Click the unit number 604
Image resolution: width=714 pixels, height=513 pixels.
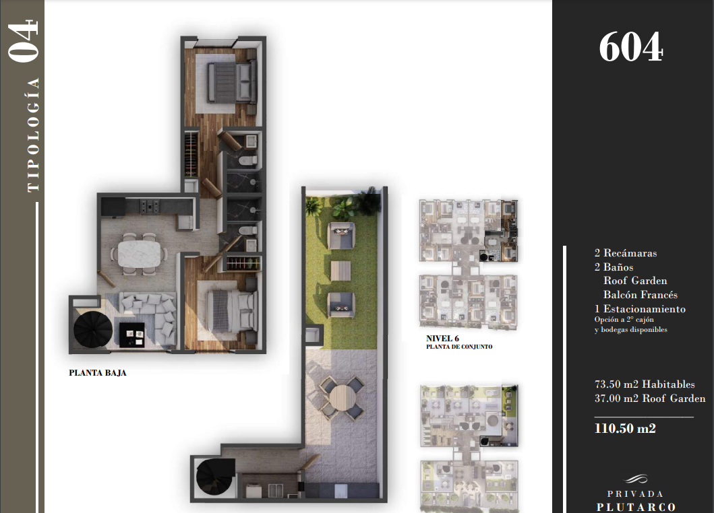click(x=630, y=47)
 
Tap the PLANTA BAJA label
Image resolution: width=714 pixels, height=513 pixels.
click(x=98, y=373)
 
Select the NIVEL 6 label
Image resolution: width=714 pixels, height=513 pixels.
click(x=442, y=339)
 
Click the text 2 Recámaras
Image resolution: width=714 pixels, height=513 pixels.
click(x=625, y=253)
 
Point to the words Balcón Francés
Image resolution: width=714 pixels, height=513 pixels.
click(x=641, y=295)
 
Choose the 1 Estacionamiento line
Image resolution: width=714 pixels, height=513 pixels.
click(x=640, y=309)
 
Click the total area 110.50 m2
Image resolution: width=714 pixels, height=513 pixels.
click(x=625, y=428)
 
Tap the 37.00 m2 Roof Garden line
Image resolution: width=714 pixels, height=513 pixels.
click(x=650, y=399)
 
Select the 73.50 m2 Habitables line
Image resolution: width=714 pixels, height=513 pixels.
click(x=645, y=384)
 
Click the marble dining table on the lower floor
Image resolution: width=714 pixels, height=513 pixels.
click(x=140, y=254)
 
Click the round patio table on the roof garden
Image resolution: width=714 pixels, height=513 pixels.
click(x=342, y=398)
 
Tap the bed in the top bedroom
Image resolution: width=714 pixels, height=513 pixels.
click(x=231, y=82)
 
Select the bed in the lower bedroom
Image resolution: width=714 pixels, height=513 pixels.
click(x=231, y=312)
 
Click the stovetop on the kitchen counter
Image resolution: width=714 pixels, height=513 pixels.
click(x=150, y=206)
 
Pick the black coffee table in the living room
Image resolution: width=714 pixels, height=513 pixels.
click(x=132, y=335)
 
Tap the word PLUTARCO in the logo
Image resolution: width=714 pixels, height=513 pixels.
click(x=636, y=507)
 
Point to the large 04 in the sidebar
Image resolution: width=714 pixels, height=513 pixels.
click(x=23, y=41)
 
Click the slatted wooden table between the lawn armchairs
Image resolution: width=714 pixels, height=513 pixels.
click(x=342, y=271)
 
